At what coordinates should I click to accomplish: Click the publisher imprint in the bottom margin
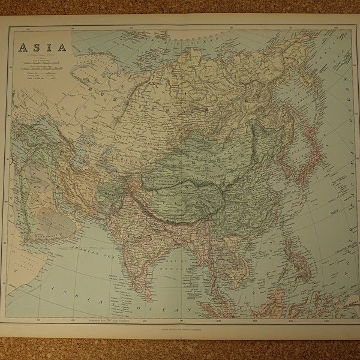point(180,329)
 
